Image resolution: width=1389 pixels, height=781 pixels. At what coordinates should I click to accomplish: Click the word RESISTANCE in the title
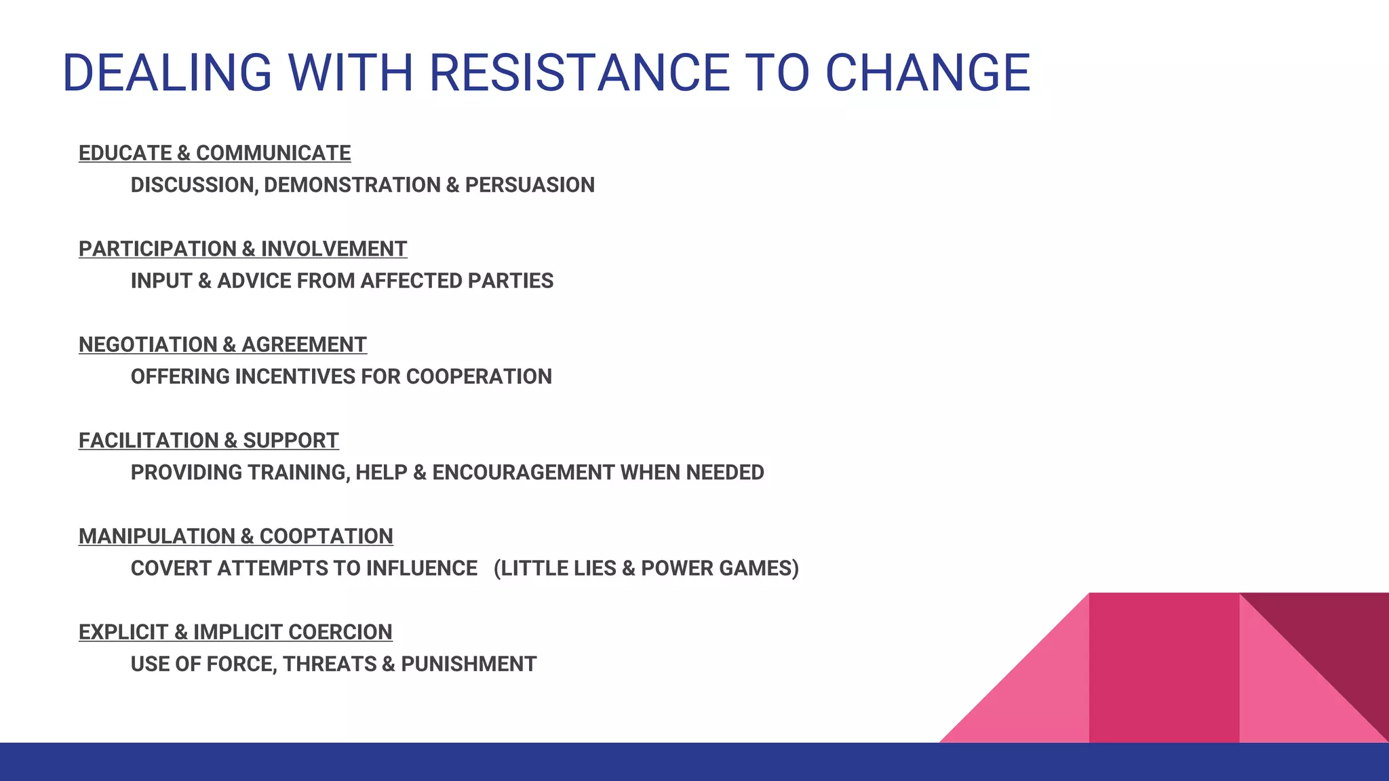[580, 73]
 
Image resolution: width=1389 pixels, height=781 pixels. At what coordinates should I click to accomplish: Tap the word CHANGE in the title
[927, 73]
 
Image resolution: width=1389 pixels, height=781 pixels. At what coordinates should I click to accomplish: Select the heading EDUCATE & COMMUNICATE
[214, 153]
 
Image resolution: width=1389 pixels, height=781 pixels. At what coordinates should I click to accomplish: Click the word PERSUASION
[530, 185]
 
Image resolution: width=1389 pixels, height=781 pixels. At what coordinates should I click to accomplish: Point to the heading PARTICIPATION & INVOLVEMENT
[243, 249]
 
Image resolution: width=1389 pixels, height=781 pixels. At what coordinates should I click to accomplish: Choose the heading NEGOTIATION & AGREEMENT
[222, 344]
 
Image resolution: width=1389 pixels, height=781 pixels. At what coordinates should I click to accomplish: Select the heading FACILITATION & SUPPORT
[208, 441]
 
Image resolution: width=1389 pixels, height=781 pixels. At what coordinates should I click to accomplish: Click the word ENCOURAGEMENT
[523, 473]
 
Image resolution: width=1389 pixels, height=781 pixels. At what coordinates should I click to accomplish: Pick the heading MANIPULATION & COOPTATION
[235, 536]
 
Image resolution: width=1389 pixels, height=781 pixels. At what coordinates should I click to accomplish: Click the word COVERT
[171, 568]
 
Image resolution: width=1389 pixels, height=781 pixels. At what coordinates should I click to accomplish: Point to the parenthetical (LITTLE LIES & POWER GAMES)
[646, 568]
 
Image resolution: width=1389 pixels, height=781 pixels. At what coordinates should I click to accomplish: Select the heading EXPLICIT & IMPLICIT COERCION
[235, 632]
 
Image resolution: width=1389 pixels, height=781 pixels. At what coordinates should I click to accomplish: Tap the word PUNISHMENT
[469, 664]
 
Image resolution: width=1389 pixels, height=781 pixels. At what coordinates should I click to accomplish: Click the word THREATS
[329, 664]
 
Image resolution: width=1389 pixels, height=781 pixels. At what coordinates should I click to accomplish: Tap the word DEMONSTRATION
[352, 185]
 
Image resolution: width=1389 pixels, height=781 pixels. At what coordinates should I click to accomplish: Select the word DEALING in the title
[167, 73]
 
